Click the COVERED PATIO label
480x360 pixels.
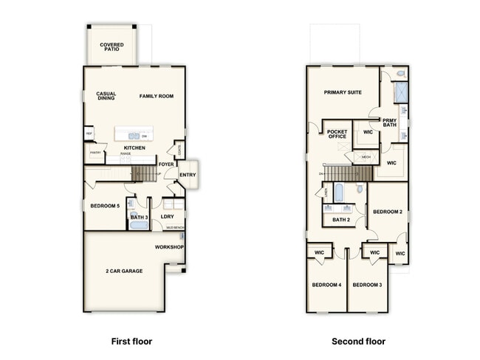(112, 48)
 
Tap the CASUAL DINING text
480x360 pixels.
(106, 97)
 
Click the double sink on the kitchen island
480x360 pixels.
(132, 136)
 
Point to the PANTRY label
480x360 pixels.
(95, 153)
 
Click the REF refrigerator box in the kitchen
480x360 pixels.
(89, 134)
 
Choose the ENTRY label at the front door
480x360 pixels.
(188, 175)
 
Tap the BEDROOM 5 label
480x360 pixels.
(104, 206)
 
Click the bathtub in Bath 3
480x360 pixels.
(139, 226)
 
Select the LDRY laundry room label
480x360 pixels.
(168, 217)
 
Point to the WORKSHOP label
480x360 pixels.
(169, 247)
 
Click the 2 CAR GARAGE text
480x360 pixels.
(123, 271)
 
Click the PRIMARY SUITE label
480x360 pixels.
(343, 93)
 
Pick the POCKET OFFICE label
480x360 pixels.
(337, 135)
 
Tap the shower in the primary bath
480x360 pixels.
(401, 92)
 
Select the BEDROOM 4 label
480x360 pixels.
(326, 285)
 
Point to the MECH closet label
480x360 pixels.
(366, 157)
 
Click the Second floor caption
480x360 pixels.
(358, 342)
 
